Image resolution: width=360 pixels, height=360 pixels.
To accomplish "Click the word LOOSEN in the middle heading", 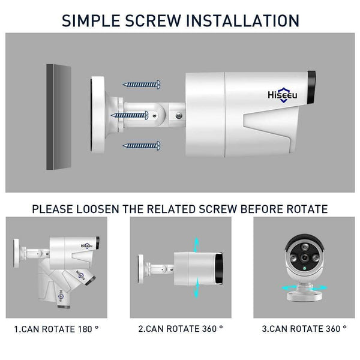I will (x=110, y=209).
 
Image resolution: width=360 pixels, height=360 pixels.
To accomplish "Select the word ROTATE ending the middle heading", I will (x=305, y=209).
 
